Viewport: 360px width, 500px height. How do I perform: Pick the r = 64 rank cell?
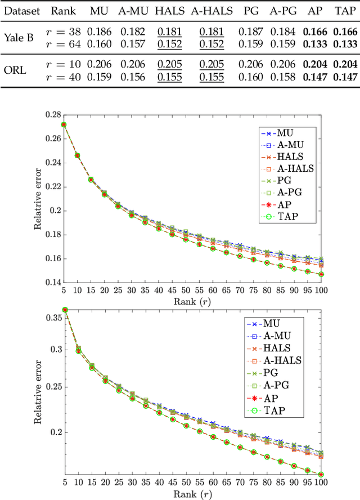click(62, 44)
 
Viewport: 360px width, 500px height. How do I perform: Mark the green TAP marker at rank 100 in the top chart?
click(321, 275)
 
